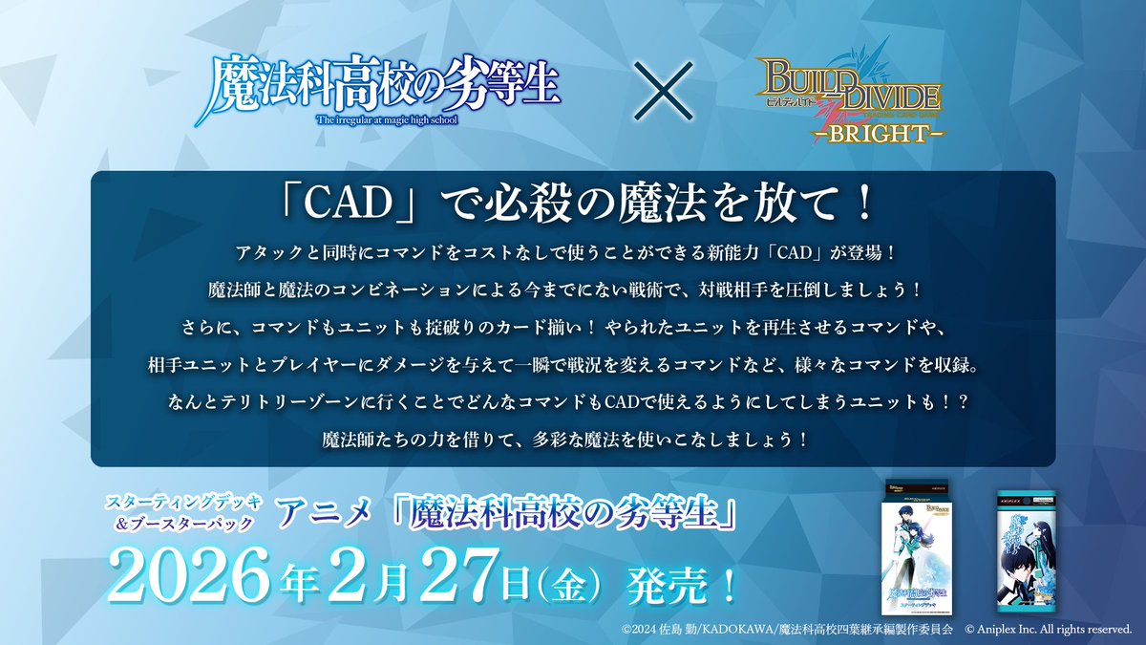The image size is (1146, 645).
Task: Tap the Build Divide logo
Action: (846, 96)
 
